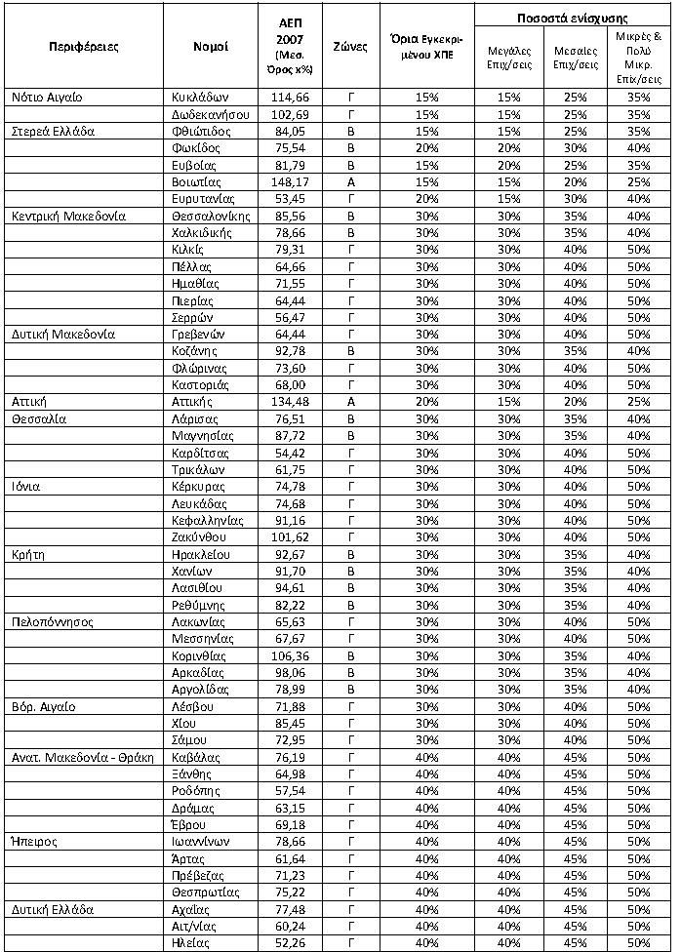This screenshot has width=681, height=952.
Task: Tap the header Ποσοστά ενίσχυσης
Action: pyautogui.click(x=572, y=19)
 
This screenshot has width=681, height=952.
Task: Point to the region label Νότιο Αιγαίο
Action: pyautogui.click(x=48, y=98)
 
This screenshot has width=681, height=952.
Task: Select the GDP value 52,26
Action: pyautogui.click(x=294, y=942)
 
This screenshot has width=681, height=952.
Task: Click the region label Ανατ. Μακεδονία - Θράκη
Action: pyautogui.click(x=83, y=758)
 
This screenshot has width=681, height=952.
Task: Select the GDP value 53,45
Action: pyautogui.click(x=294, y=199)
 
